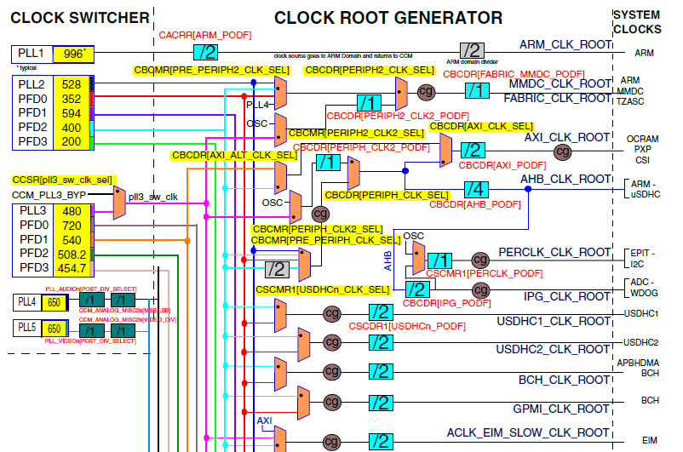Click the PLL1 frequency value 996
point(74,54)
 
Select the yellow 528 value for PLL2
point(72,84)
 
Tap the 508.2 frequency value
point(72,254)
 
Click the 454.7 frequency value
point(72,268)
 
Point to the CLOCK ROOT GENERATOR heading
point(387,17)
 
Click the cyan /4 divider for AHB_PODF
point(476,189)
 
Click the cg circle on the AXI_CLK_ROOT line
point(561,152)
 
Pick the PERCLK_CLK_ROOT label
point(554,253)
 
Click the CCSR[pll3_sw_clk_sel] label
point(62,180)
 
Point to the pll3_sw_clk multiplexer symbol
point(118,203)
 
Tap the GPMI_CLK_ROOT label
point(565,409)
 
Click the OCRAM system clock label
point(643,138)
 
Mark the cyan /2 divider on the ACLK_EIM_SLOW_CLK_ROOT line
point(379,442)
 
